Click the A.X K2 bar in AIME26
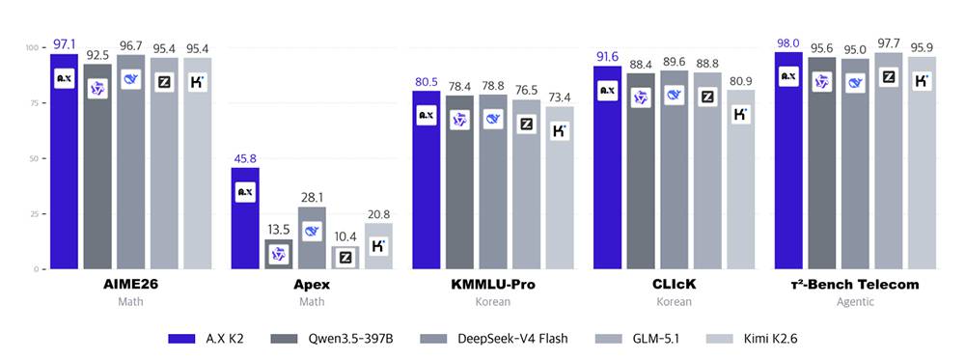click(64, 161)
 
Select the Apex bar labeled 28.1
click(312, 237)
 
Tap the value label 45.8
click(244, 159)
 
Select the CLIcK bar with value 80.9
click(741, 180)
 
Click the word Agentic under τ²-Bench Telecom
click(855, 302)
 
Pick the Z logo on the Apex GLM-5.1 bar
click(345, 258)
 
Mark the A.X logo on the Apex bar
click(245, 192)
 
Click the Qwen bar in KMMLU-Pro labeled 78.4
click(459, 182)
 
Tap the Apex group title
click(312, 285)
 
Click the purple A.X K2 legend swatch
click(182, 339)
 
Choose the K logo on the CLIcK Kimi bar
click(741, 113)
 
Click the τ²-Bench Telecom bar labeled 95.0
click(855, 164)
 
